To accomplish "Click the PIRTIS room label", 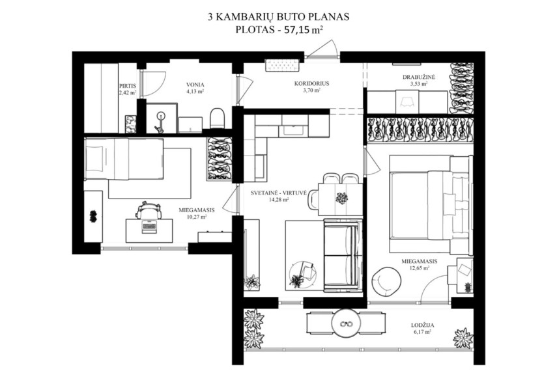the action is tap(128, 86).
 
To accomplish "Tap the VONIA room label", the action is tap(195, 85).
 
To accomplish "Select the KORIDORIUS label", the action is tap(311, 84).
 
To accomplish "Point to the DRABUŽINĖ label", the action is tap(419, 77).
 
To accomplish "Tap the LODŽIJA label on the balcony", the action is tap(423, 325).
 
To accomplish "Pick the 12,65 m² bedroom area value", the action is tap(419, 268).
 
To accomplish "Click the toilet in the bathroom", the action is tap(218, 118).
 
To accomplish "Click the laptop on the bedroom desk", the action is tap(149, 226).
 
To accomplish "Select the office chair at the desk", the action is tap(149, 210).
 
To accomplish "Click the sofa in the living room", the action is tap(343, 255).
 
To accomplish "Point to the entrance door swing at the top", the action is tap(322, 49).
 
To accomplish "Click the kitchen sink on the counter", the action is tap(294, 131).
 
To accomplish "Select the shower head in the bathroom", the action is tap(162, 116).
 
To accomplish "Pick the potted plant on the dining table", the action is tap(342, 198).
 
